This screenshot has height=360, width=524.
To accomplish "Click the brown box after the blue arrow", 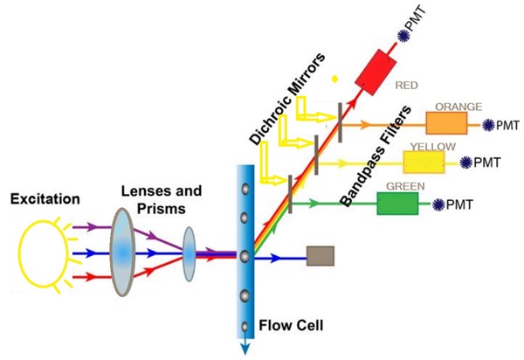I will [320, 257].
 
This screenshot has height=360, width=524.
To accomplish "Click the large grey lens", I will [126, 253].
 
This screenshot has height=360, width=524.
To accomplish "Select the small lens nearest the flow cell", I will [190, 254].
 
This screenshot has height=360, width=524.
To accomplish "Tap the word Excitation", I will [45, 200].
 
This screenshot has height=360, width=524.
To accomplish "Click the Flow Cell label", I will [292, 327].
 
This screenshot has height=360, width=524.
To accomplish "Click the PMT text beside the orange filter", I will [507, 126].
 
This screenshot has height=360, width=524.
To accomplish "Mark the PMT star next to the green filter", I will [438, 204].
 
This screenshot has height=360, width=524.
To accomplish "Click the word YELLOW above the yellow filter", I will [431, 145].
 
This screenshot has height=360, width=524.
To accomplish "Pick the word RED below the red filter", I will [406, 87].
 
